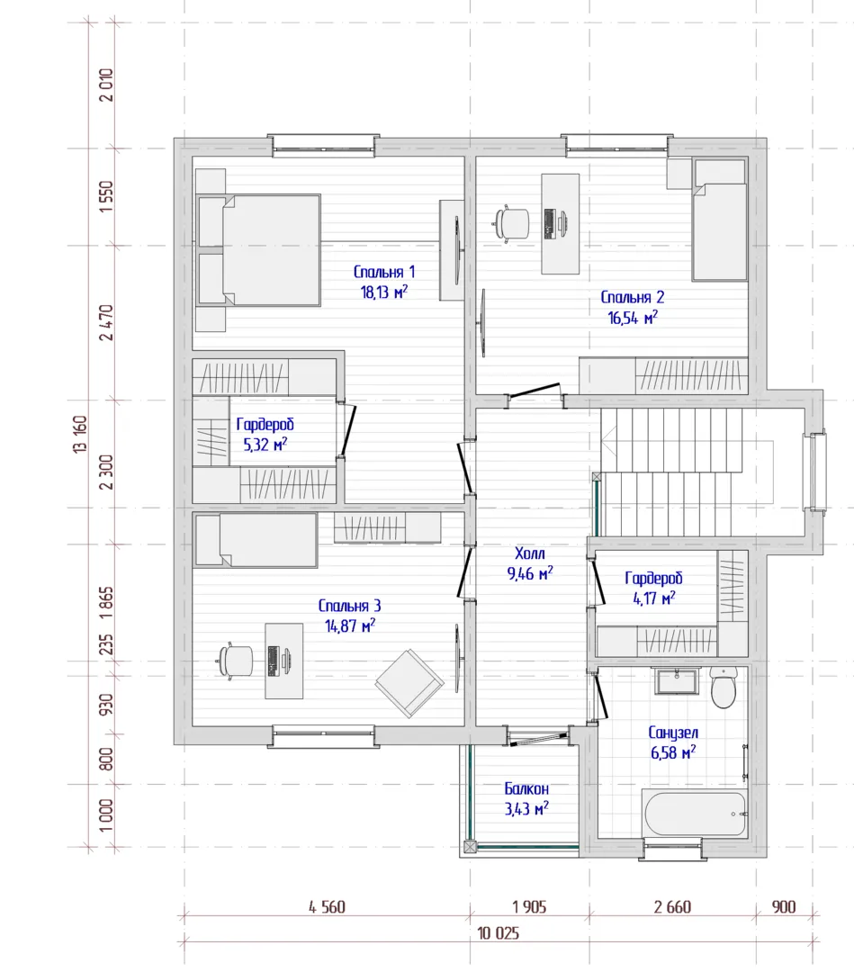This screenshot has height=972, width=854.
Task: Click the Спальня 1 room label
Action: pyautogui.click(x=384, y=272)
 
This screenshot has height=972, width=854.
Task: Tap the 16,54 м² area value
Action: pyautogui.click(x=633, y=318)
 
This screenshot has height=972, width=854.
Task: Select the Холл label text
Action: pyautogui.click(x=530, y=553)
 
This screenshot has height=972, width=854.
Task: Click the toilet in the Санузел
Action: pyautogui.click(x=723, y=687)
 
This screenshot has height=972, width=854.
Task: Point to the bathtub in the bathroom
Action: pyautogui.click(x=695, y=813)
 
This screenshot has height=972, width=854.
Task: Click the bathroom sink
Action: pyautogui.click(x=677, y=680)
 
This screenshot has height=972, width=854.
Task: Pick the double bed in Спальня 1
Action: pyautogui.click(x=259, y=250)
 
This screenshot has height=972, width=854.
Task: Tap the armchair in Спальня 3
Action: pyautogui.click(x=409, y=683)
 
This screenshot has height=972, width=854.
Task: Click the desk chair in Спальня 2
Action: pyautogui.click(x=512, y=223)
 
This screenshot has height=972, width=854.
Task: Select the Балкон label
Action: pyautogui.click(x=526, y=788)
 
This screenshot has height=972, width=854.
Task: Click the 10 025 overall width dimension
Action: pyautogui.click(x=499, y=933)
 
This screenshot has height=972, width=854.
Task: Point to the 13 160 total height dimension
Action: pyautogui.click(x=81, y=434)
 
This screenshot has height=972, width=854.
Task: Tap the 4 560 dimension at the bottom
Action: pyautogui.click(x=328, y=907)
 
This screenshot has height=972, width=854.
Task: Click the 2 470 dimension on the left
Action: pyautogui.click(x=106, y=322)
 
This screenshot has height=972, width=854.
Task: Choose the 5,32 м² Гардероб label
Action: pyautogui.click(x=265, y=434)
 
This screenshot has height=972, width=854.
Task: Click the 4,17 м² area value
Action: pyautogui.click(x=654, y=598)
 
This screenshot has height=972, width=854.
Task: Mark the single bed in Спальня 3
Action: pyautogui.click(x=256, y=540)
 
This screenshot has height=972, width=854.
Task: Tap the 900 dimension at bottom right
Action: pyautogui.click(x=784, y=907)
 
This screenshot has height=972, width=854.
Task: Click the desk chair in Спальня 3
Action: pyautogui.click(x=236, y=661)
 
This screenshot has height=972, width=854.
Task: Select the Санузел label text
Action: pyautogui.click(x=673, y=732)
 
